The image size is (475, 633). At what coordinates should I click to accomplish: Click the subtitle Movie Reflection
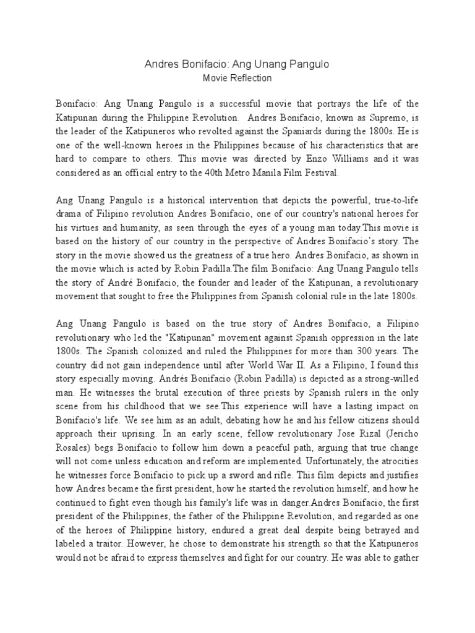coord(237,79)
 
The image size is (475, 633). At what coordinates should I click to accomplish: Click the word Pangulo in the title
coord(307,64)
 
